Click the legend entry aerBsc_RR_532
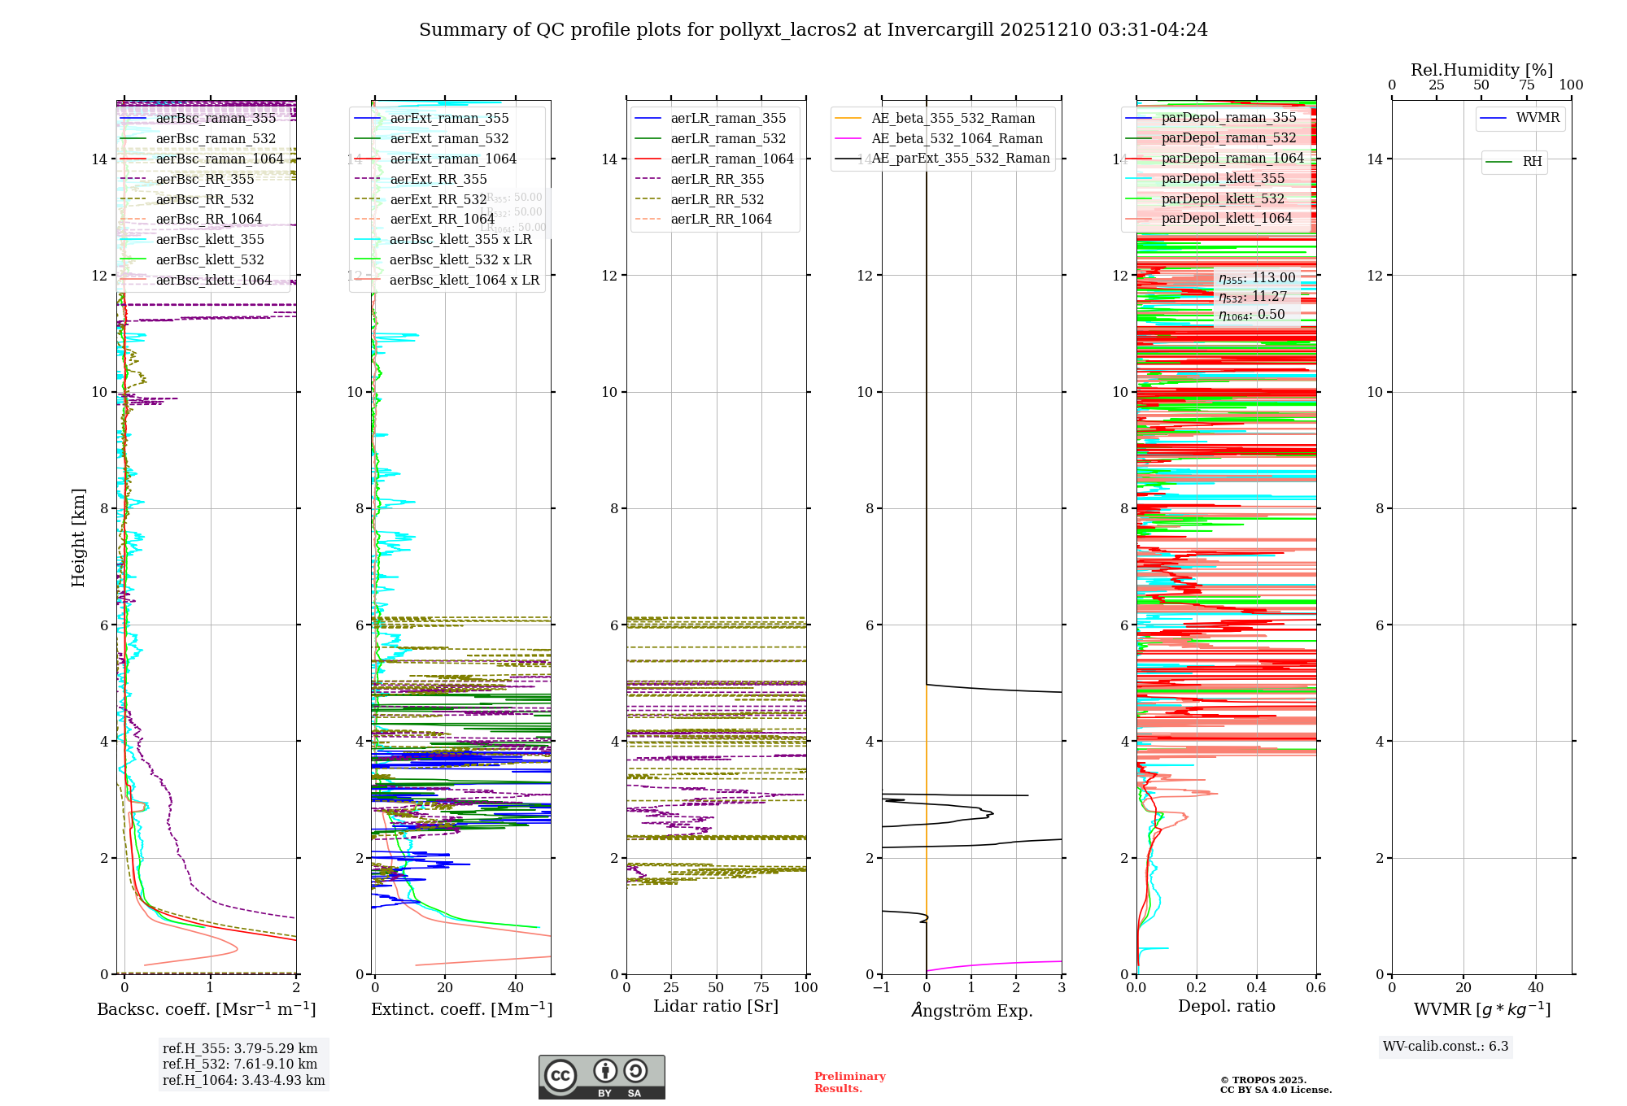point(204,199)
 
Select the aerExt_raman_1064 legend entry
point(453,159)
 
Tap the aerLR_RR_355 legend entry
point(717,179)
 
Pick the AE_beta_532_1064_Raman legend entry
point(957,138)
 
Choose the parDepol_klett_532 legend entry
point(1223,198)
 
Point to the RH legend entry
point(1532,162)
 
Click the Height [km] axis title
point(78,538)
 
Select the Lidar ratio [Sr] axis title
point(716,1006)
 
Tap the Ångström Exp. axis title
point(971,1010)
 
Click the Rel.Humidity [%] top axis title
point(1481,70)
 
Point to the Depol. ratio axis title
point(1226,1006)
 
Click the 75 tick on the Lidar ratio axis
point(761,987)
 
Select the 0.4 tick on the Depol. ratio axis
point(1256,987)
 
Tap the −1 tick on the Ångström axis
point(881,987)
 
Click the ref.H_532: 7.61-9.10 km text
point(240,1064)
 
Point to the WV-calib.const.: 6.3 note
point(1446,1046)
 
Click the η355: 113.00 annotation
point(1257,278)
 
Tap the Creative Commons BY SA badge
point(601,1077)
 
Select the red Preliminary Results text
point(849,1082)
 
